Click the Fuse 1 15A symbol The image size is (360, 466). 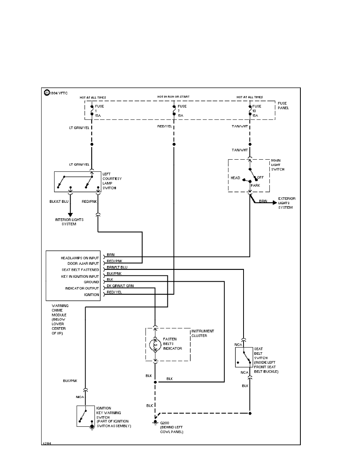point(92,111)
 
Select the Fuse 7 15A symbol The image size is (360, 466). point(174,111)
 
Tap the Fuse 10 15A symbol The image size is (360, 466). point(250,111)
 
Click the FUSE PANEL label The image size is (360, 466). point(283,105)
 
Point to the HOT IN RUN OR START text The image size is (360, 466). point(174,96)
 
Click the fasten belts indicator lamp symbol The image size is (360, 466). point(155,344)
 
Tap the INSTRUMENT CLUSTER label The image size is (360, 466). point(202,333)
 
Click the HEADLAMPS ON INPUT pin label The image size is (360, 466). point(80,258)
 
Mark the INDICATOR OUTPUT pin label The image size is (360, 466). point(82,288)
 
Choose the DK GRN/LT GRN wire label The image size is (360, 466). point(120,286)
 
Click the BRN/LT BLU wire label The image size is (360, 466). point(117,267)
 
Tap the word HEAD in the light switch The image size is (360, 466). point(235,178)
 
